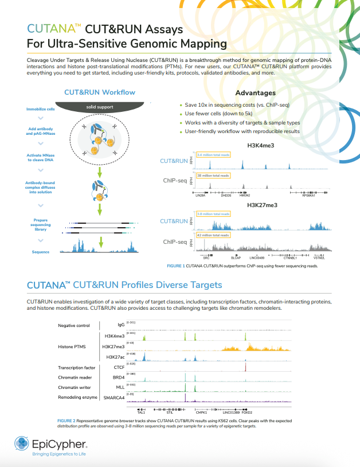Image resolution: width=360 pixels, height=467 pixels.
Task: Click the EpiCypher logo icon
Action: [22, 443]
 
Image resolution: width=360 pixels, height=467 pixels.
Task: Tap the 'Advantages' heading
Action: [255, 93]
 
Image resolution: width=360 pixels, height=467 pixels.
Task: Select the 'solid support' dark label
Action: [100, 107]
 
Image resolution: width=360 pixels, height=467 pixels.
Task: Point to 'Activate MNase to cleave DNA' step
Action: [41, 158]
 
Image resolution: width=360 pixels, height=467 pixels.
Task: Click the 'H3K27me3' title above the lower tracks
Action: [264, 204]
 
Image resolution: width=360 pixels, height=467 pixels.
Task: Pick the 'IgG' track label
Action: [120, 325]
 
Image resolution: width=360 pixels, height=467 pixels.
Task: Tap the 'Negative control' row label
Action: [75, 325]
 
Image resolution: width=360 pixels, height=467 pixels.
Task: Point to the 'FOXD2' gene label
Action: [246, 412]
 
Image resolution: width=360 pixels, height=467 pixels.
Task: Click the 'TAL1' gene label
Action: [141, 412]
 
